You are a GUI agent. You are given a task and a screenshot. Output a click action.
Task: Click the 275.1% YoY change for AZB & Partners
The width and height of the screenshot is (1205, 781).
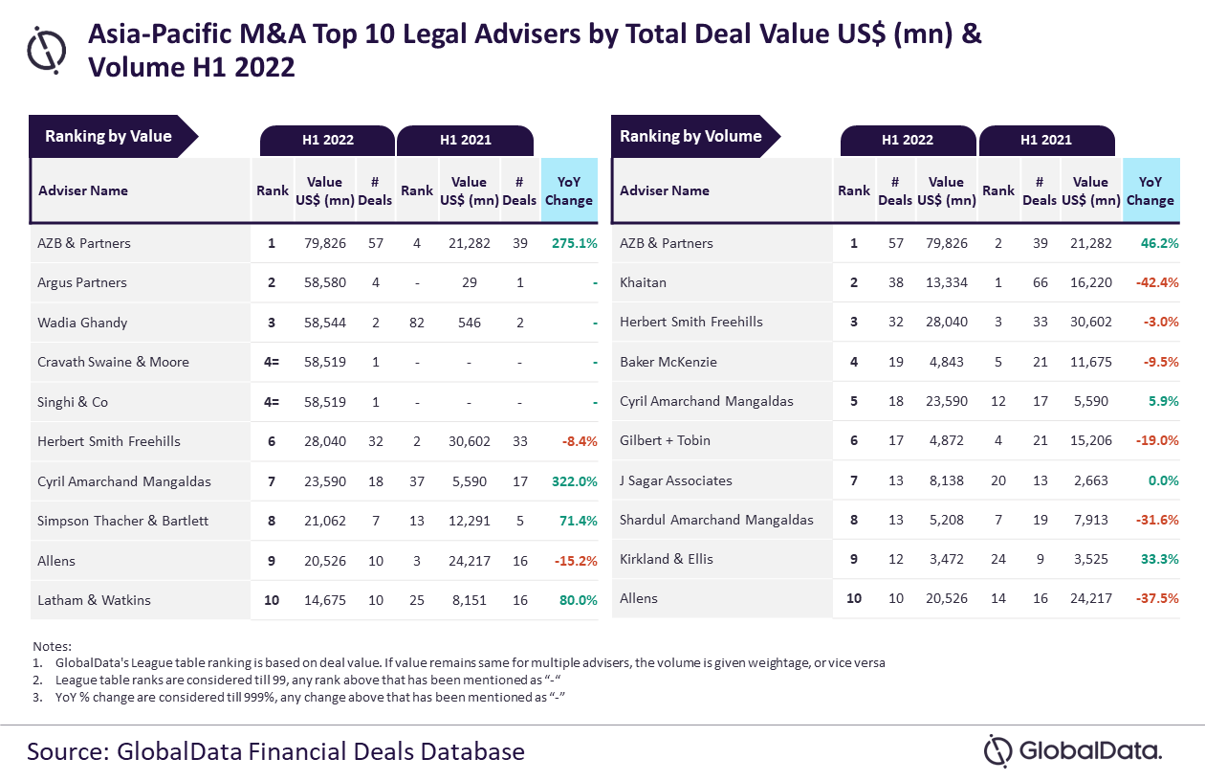point(574,243)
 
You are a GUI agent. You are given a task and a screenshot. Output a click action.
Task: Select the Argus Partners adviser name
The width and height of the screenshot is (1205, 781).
point(82,282)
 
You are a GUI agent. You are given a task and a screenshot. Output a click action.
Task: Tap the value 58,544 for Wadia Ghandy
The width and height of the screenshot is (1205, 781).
point(325,323)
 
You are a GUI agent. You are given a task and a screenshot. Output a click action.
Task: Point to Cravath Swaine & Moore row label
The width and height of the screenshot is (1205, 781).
point(113,362)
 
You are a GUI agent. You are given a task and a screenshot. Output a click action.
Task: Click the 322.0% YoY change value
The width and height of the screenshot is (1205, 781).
point(574,481)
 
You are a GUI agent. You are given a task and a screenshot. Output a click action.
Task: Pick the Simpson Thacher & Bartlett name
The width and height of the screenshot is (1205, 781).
point(122,521)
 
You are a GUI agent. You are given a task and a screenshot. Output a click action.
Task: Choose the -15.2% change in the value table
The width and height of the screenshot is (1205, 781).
point(576,561)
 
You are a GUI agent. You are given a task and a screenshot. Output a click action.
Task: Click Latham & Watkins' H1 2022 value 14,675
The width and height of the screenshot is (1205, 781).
point(325,600)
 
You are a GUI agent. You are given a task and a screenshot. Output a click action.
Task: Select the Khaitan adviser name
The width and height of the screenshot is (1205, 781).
point(643,282)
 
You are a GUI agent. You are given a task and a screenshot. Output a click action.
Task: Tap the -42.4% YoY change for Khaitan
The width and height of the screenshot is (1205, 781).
point(1157,282)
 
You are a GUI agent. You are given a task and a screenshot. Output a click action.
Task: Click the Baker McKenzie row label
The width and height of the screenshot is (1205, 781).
point(668,362)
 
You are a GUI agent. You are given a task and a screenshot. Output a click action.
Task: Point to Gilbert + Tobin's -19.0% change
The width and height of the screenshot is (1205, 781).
point(1157,440)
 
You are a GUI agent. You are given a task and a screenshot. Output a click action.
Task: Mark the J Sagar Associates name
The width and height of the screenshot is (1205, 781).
point(675,480)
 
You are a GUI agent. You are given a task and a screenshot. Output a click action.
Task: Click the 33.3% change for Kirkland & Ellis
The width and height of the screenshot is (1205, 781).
point(1160,559)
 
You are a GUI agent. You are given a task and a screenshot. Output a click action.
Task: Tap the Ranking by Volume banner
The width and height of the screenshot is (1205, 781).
point(695,136)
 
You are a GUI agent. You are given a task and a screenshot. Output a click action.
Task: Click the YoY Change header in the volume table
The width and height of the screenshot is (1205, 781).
point(1150,190)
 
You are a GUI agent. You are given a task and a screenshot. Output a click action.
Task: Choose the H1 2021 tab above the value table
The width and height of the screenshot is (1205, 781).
point(466,141)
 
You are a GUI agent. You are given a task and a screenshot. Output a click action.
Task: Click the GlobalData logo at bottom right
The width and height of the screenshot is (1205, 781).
point(1073,750)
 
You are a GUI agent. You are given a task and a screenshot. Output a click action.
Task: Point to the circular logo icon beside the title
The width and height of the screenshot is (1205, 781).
point(47,50)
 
